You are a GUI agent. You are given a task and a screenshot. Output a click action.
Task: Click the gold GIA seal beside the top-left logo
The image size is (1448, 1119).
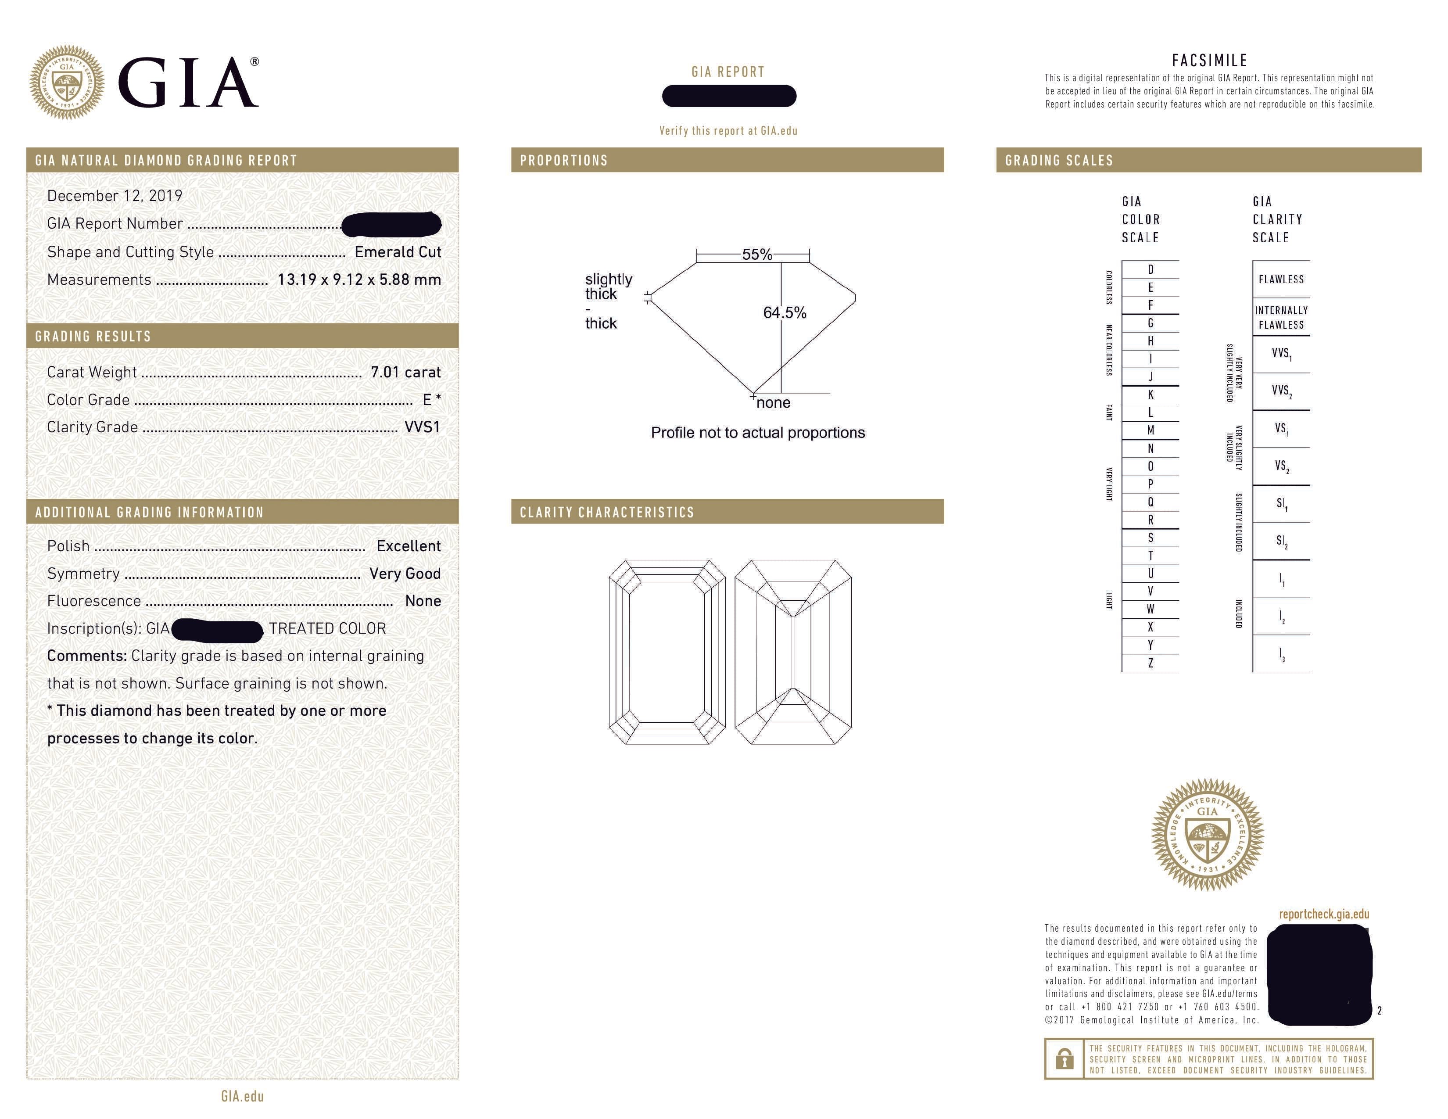pyautogui.click(x=66, y=83)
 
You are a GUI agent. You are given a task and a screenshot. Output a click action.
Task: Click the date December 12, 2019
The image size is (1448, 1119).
pyautogui.click(x=114, y=196)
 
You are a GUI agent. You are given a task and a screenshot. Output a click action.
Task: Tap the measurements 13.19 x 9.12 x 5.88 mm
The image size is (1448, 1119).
pyautogui.click(x=358, y=280)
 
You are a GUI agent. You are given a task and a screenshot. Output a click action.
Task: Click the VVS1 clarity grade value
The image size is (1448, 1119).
pyautogui.click(x=422, y=427)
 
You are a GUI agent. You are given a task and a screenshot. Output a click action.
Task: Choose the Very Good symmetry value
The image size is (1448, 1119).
pyautogui.click(x=405, y=574)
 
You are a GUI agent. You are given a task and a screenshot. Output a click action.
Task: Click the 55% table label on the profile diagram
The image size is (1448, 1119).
pyautogui.click(x=756, y=255)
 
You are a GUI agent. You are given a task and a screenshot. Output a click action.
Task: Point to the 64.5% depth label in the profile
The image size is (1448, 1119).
pyautogui.click(x=785, y=313)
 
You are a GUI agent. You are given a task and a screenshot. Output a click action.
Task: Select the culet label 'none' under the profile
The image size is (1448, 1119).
pyautogui.click(x=773, y=403)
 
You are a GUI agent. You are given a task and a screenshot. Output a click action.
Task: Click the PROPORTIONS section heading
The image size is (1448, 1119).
pyautogui.click(x=563, y=161)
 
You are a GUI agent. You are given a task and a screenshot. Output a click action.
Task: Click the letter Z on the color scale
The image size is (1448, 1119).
pyautogui.click(x=1151, y=663)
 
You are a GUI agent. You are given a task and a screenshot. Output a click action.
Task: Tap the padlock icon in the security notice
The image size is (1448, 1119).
pyautogui.click(x=1064, y=1059)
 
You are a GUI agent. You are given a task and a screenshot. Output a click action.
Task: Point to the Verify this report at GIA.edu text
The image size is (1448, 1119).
pyautogui.click(x=728, y=131)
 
